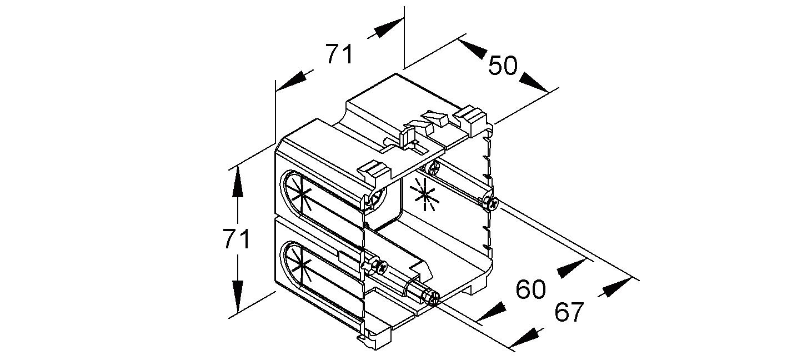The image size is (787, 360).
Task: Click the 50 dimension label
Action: point(503,66)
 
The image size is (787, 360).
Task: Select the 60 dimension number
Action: point(530,289)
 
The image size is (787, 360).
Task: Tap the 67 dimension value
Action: point(569,313)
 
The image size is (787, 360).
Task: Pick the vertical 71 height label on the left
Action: point(236,239)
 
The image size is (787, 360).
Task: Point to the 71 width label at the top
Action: point(339,54)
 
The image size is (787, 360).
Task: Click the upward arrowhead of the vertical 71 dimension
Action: point(238,181)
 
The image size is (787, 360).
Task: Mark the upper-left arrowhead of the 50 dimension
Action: point(473,49)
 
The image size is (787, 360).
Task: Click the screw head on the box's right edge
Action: point(490,203)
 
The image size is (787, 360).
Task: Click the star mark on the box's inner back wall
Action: point(424,195)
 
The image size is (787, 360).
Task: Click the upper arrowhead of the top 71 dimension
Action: point(386,28)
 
